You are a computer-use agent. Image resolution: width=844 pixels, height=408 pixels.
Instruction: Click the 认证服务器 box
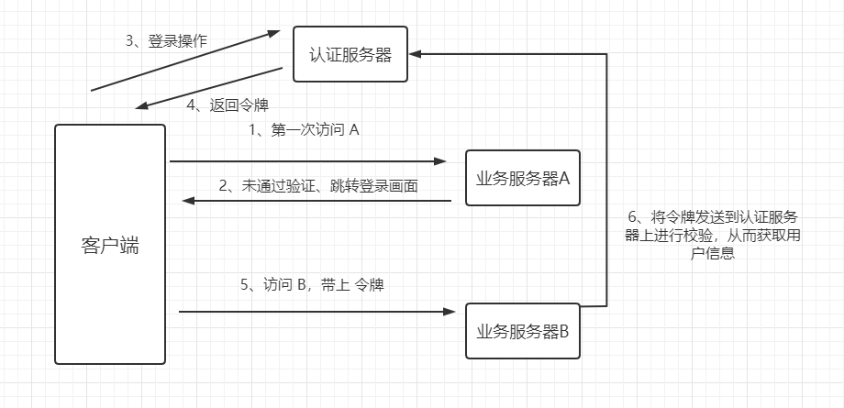[350, 55]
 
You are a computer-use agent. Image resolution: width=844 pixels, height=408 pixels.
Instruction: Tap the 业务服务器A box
[523, 178]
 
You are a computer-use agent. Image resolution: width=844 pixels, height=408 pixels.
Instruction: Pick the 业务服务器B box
[523, 331]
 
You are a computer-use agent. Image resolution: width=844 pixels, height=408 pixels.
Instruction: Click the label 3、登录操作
[166, 41]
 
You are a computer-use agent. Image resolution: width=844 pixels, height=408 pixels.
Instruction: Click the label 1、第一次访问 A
[304, 130]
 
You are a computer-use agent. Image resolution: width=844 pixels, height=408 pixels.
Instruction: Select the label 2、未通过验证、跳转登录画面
[318, 185]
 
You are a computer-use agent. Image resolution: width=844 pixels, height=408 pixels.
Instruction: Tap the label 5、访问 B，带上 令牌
[312, 284]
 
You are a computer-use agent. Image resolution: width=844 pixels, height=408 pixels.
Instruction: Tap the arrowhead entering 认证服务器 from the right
[414, 54]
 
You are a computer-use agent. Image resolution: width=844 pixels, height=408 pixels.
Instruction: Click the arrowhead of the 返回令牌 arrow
[139, 106]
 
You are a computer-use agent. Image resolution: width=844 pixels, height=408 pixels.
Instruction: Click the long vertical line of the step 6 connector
[606, 183]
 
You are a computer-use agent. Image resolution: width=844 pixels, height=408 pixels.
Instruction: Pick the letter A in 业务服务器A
[564, 178]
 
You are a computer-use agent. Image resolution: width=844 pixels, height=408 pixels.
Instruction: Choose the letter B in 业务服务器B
[564, 331]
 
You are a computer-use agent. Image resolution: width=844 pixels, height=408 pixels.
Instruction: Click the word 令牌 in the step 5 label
[369, 284]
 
